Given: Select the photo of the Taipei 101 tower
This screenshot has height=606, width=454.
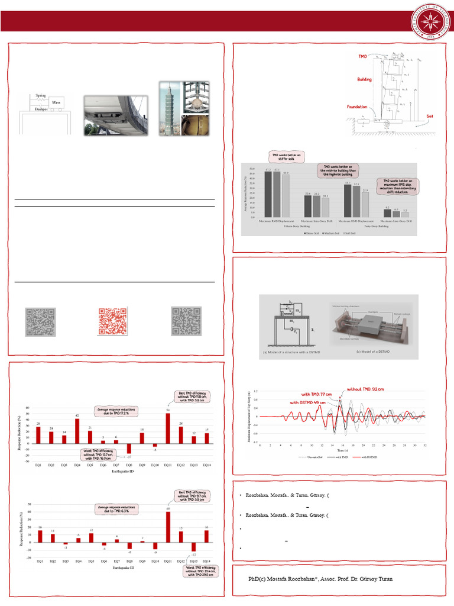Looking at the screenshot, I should (170, 108).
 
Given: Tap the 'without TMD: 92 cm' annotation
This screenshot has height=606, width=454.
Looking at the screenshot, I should (365, 389).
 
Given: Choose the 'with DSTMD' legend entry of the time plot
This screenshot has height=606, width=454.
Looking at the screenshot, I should (367, 457).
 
